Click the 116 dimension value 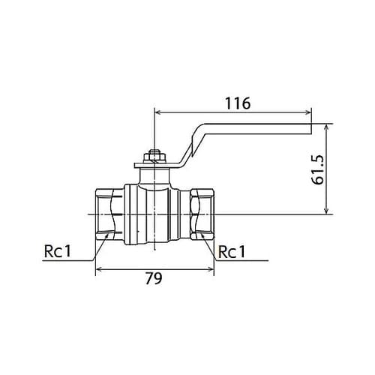click(238, 103)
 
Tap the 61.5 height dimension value click(319, 169)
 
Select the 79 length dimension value click(154, 278)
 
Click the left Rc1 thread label click(58, 251)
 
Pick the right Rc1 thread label click(232, 252)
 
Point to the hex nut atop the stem click(154, 157)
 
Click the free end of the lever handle click(311, 129)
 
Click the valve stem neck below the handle click(154, 176)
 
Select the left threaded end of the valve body click(110, 214)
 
